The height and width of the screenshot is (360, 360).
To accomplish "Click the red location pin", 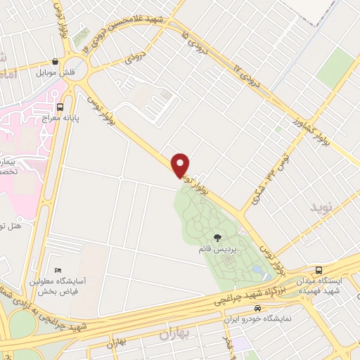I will click(x=181, y=165).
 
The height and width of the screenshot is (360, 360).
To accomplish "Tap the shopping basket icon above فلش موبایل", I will click(x=56, y=61).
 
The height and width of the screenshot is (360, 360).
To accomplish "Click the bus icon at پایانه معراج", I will click(x=60, y=108).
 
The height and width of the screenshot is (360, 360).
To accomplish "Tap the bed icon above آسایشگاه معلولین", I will click(x=58, y=270).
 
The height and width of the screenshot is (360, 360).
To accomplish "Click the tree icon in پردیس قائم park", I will click(x=216, y=237).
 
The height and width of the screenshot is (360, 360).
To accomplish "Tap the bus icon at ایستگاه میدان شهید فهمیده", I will click(x=319, y=270).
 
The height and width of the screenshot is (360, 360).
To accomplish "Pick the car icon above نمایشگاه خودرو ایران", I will click(x=258, y=309).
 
